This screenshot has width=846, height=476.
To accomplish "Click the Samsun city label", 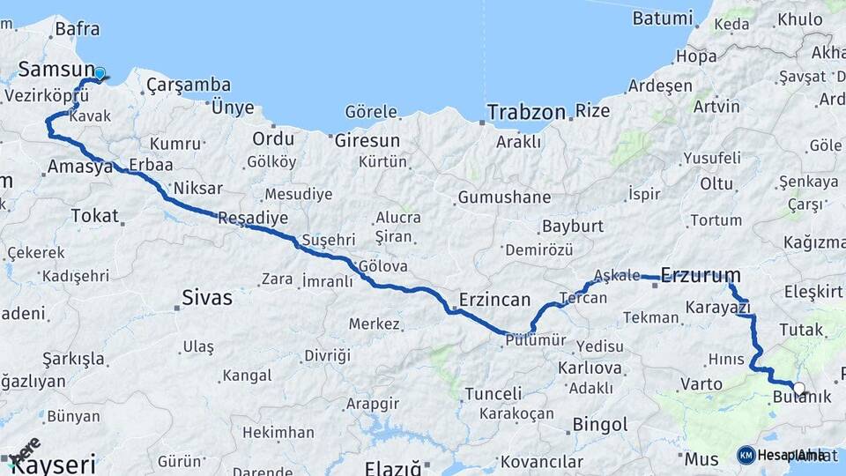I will pos(56,69).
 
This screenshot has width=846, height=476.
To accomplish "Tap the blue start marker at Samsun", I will pos(100,74).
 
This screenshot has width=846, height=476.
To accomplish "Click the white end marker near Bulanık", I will pos(798,388).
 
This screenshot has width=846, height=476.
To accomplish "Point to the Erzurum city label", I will pos(701,275).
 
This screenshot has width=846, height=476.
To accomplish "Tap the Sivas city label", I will pos(207,297).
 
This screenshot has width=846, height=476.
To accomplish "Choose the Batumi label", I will pos(662,18).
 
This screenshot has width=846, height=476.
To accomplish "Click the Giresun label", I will pos(367,140).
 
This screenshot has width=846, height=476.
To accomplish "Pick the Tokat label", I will pos(94,215).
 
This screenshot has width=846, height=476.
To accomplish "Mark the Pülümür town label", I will pos(535,339).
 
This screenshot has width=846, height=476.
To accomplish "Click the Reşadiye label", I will pos(253,218).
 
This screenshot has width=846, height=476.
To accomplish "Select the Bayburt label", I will pos(573,226).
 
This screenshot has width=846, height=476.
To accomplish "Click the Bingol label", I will pos(600,425).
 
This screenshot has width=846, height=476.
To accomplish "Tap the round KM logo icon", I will pos(746,455).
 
